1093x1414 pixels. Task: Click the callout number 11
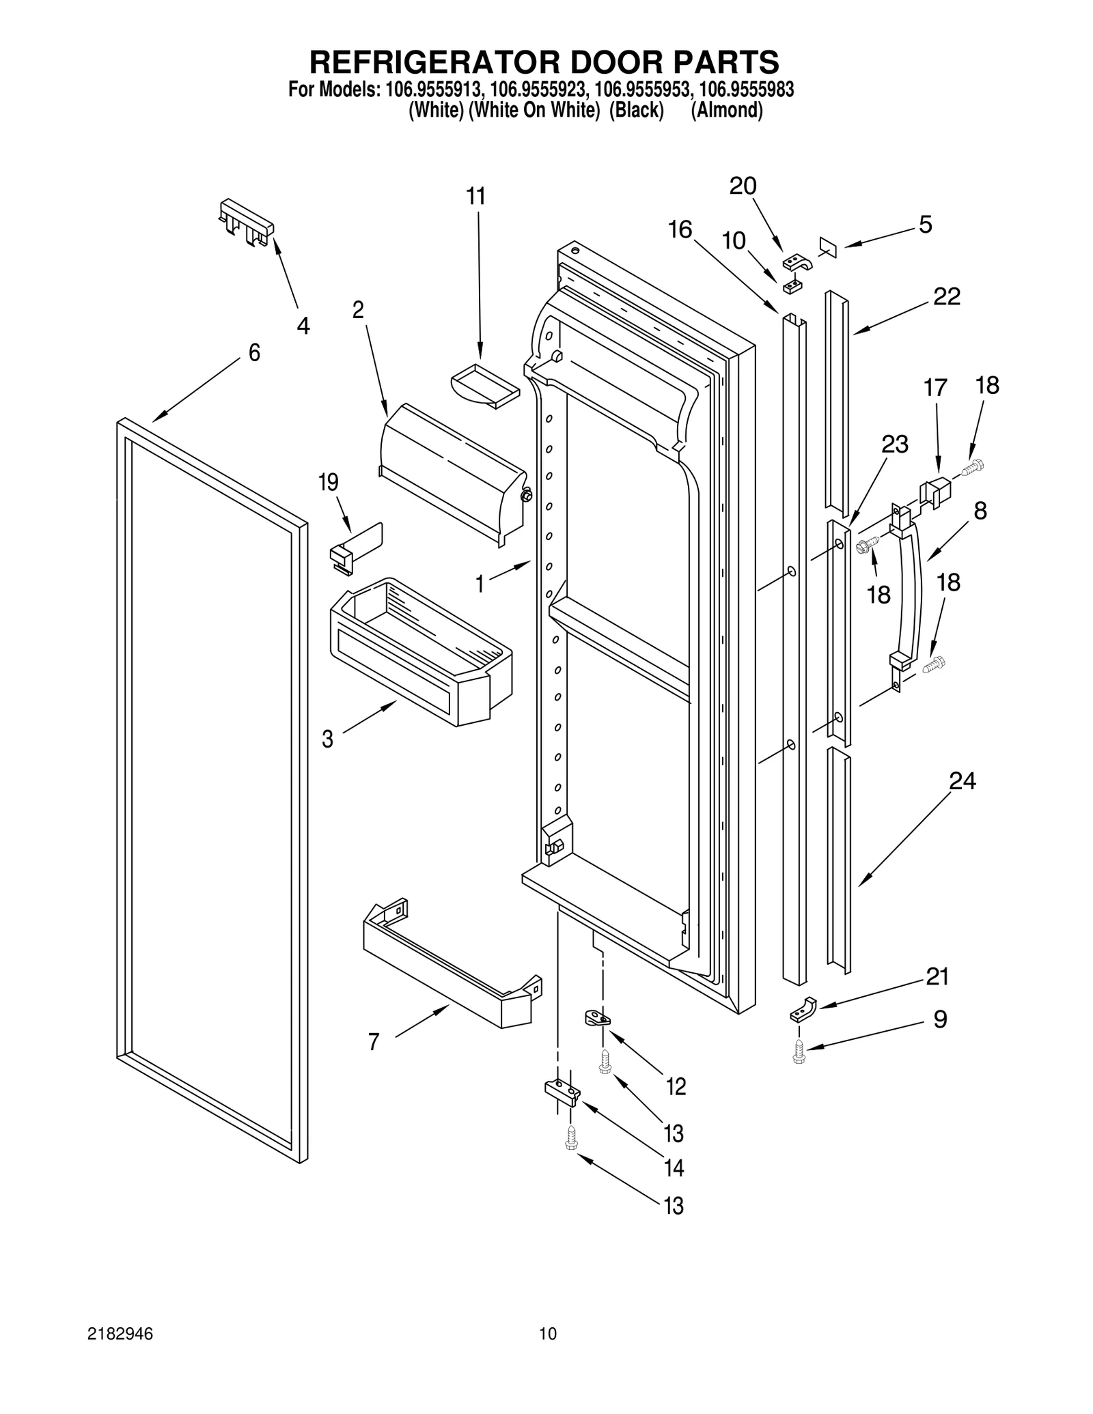coord(475,197)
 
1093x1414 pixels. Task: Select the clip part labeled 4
coord(247,222)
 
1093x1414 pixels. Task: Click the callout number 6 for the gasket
coord(254,353)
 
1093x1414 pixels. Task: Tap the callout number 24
coord(962,780)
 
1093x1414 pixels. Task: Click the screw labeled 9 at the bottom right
coord(799,1052)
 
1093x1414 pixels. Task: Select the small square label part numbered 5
coord(827,246)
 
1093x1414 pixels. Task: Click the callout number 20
coord(743,186)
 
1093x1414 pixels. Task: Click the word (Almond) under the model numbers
coord(727,111)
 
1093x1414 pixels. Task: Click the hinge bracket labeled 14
coord(562,1092)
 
